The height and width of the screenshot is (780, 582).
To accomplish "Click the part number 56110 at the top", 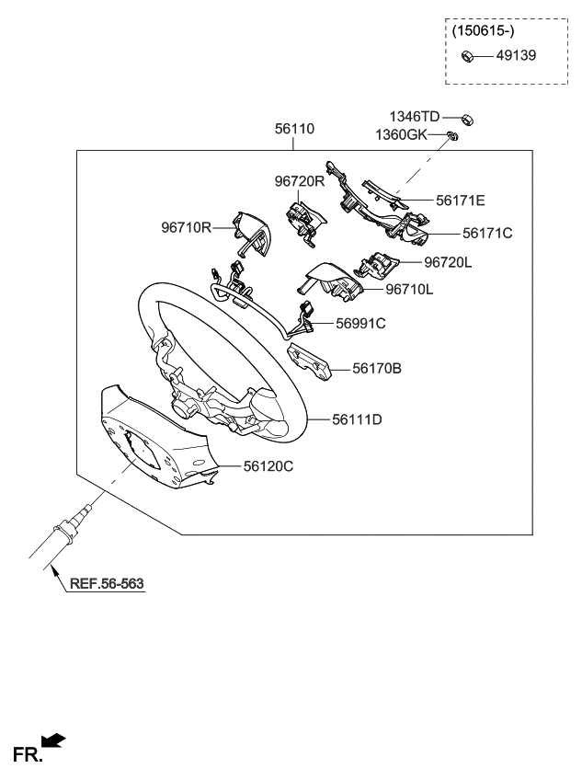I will pos(294,129).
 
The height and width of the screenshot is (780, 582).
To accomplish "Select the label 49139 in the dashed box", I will pos(516,55).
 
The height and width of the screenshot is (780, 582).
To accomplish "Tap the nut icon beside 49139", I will pos(467,55).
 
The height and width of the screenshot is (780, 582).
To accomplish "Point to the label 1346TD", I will pos(415,116).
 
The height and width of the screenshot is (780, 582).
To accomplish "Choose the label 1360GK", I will pos(401,134).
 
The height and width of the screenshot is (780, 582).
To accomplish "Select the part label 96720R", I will pos(300,181).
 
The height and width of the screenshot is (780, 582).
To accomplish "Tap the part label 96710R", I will pos(187,226).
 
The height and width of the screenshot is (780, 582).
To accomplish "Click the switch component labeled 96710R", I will pos(251,232).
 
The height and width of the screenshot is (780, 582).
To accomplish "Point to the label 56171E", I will pos(461,199).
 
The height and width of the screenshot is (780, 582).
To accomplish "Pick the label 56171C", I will pos(486,233).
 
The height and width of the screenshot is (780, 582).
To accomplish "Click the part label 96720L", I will pos(448,262).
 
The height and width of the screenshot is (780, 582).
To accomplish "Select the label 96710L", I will pos(409,289).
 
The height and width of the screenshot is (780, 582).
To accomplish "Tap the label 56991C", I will pos(359,323).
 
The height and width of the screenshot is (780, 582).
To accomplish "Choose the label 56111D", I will pos(358,419).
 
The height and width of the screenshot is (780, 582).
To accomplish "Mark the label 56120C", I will pos(268,466).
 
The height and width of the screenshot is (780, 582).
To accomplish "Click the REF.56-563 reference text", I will pos(108,583).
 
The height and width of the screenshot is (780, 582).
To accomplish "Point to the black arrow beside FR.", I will pos(54,740).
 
